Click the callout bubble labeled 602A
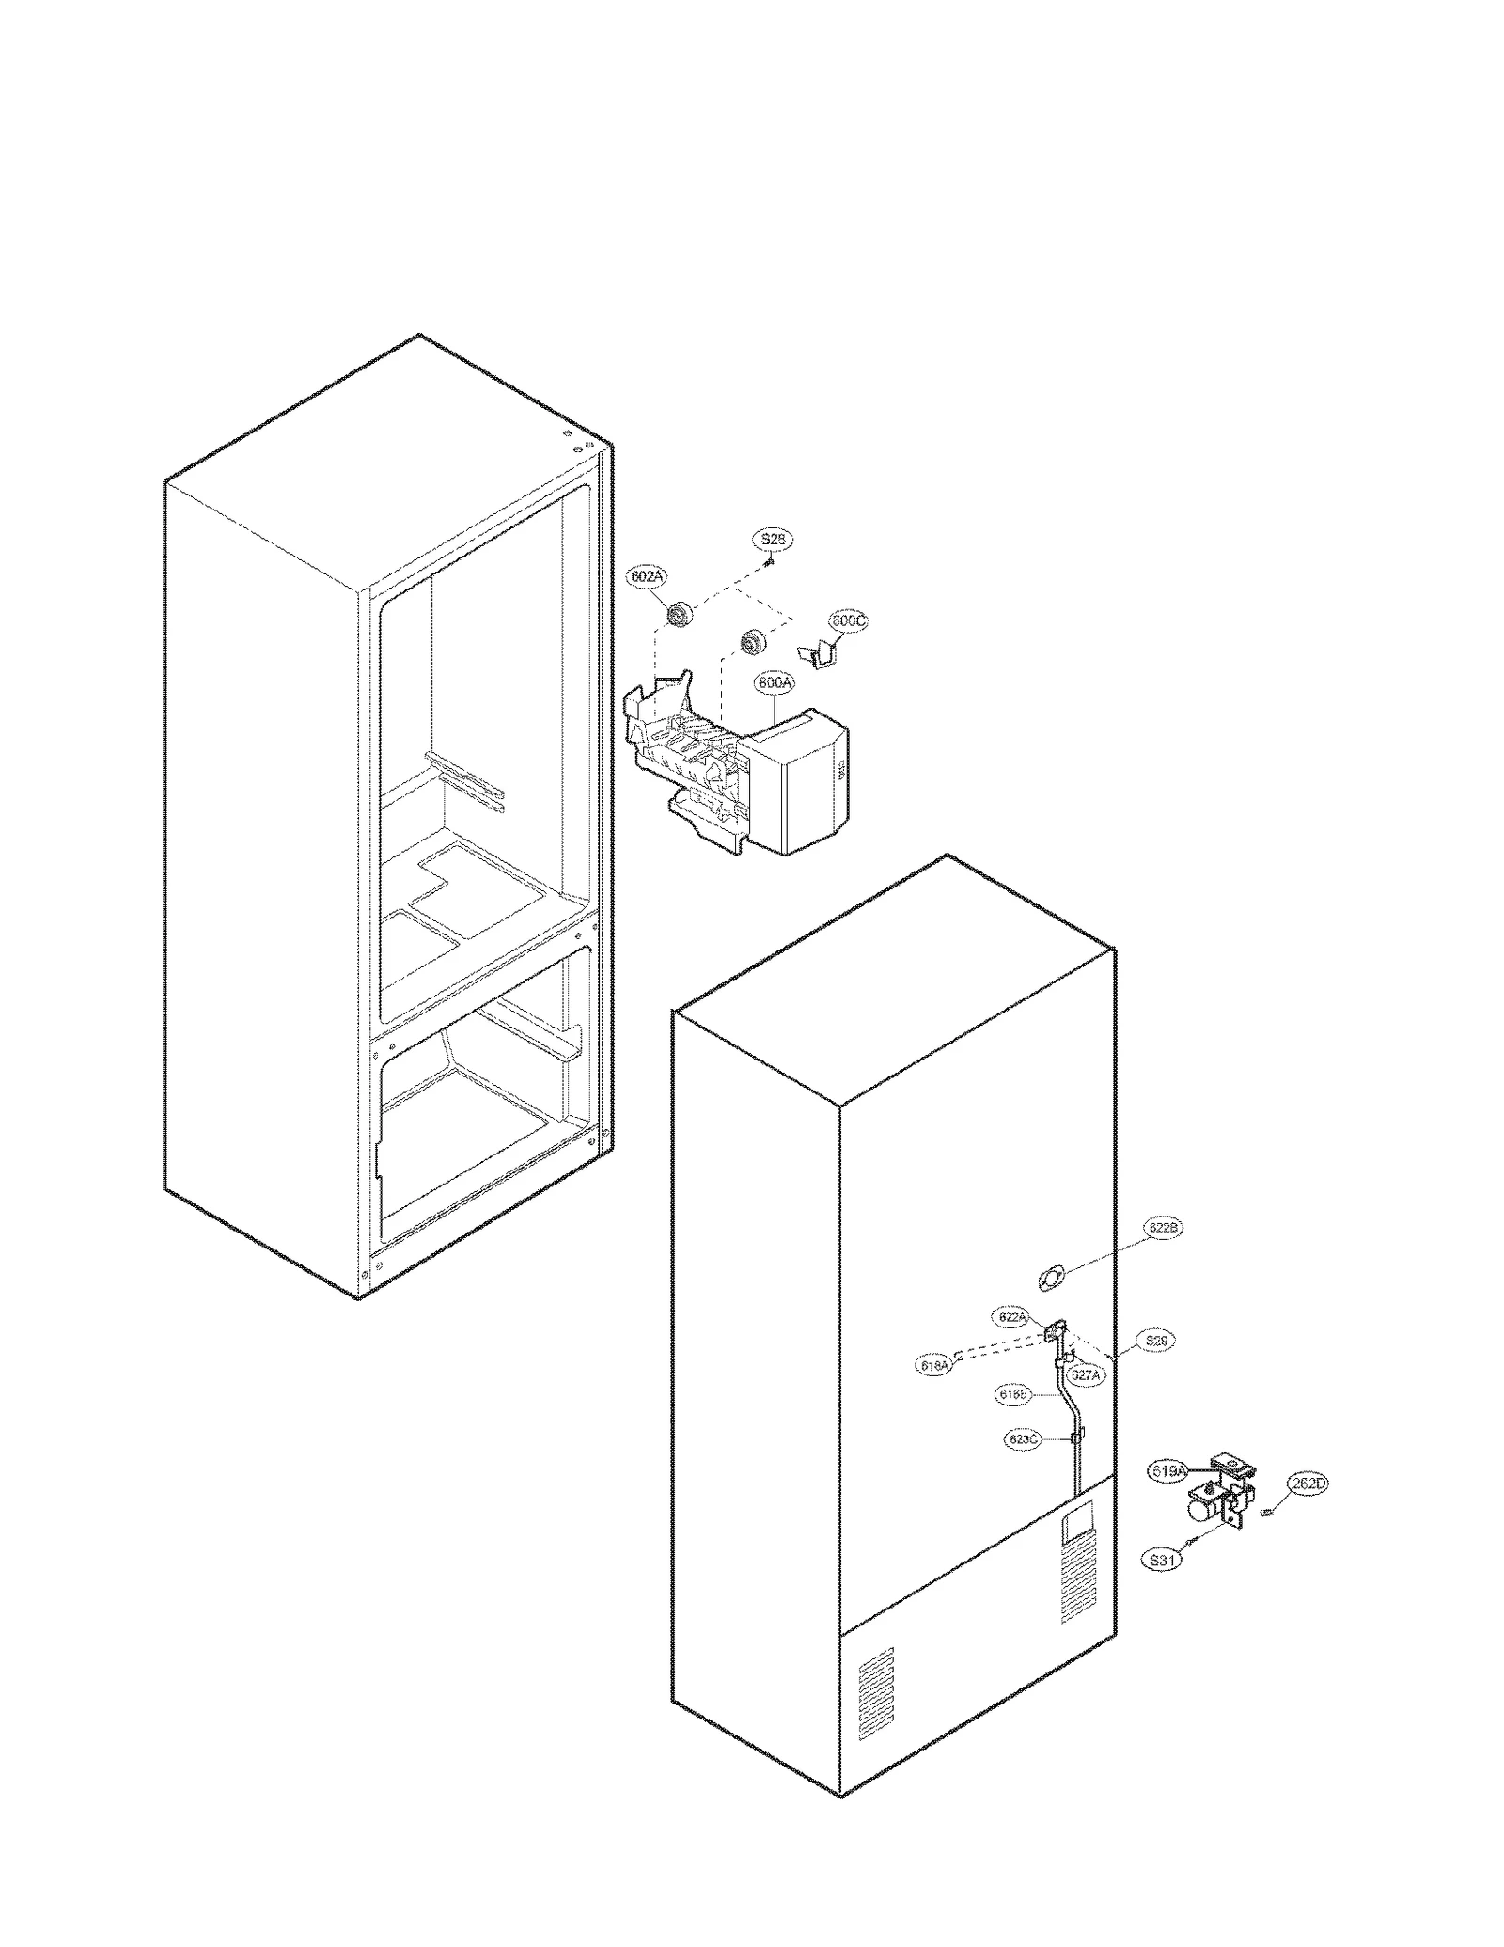pos(647,575)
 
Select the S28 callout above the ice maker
pos(773,540)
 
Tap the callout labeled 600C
pos(847,621)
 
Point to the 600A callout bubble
pos(774,683)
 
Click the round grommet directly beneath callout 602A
pos(677,617)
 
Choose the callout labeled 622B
pos(1163,1228)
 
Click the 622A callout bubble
pos(1012,1317)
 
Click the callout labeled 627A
pos(1085,1374)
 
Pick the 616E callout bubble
pos(1013,1395)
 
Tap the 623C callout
pos(1023,1439)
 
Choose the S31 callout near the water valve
pos(1162,1560)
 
